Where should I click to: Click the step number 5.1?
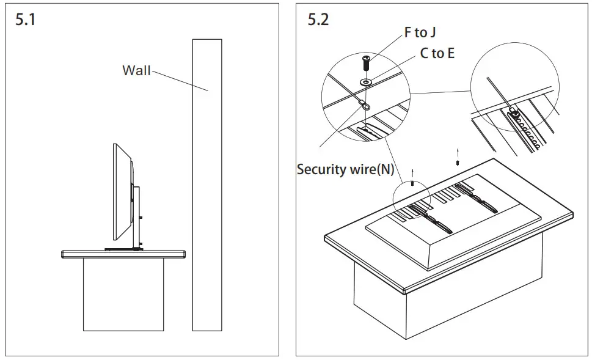[x=25, y=20]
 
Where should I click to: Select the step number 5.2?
[x=318, y=20]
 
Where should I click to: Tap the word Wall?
[x=136, y=70]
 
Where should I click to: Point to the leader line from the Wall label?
[x=180, y=81]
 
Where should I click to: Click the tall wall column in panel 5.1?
[x=206, y=183]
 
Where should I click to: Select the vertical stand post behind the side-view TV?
[x=137, y=217]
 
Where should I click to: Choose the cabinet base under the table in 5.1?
[x=123, y=293]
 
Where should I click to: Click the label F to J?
[x=420, y=32]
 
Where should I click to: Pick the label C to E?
[x=437, y=54]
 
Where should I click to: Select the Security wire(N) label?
[x=345, y=169]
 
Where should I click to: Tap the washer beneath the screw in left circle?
[x=365, y=81]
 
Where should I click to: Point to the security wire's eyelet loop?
[x=364, y=105]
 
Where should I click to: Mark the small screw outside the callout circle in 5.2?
[x=458, y=163]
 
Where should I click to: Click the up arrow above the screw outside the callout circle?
[x=458, y=150]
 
